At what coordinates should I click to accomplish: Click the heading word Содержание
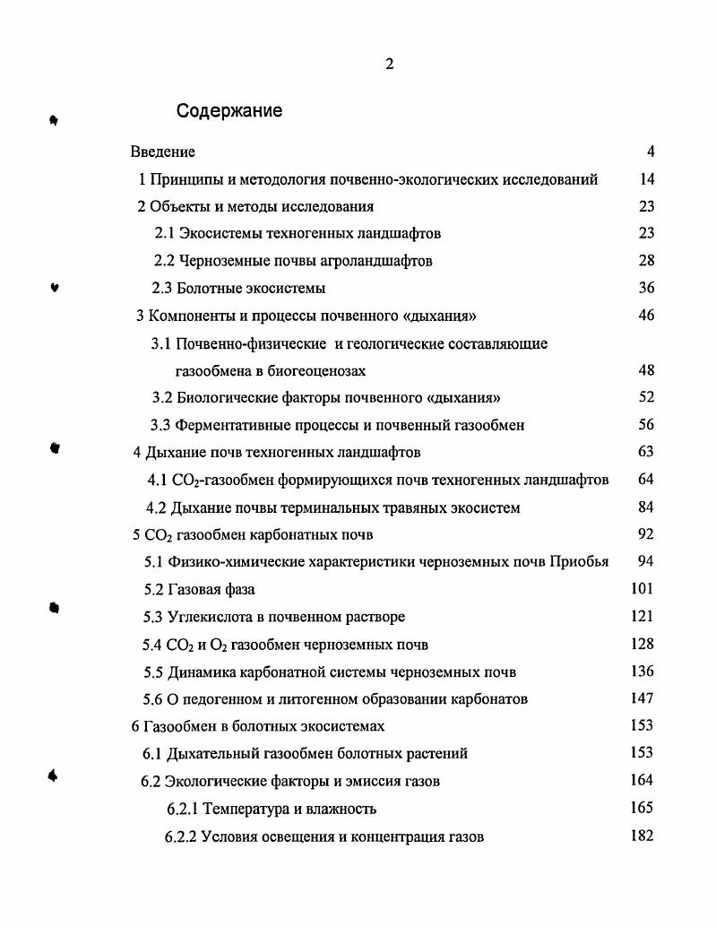point(229,111)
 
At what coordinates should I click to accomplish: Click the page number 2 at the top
point(389,63)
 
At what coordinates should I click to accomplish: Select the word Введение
point(163,152)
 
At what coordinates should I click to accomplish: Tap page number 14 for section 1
point(647,179)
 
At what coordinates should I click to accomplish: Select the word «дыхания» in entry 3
point(444,316)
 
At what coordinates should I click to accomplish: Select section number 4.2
point(157,508)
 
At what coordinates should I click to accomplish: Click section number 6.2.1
point(183,810)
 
